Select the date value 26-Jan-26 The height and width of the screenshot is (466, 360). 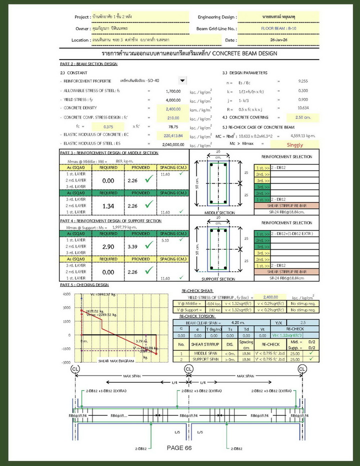[x=278, y=39]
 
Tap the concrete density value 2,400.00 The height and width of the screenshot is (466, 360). [x=173, y=108]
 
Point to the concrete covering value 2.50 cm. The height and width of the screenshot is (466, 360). [x=302, y=117]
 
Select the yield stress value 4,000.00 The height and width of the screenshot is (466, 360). [x=173, y=100]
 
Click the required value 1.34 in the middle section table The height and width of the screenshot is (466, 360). [x=108, y=205]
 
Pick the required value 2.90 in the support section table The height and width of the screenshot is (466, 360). [x=108, y=246]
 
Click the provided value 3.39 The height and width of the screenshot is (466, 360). [x=133, y=246]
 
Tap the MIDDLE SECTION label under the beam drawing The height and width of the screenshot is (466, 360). [x=220, y=213]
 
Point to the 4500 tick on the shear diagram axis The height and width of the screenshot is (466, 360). [x=66, y=294]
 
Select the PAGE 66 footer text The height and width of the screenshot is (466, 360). [x=179, y=448]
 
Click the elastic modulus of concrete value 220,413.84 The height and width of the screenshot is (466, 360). [x=173, y=135]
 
